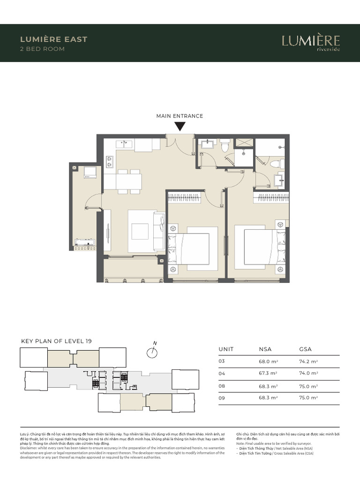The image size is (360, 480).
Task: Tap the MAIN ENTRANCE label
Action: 180,116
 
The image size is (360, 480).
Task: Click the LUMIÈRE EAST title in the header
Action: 53,39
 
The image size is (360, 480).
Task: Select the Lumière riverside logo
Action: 311,42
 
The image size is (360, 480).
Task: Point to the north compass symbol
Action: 151,352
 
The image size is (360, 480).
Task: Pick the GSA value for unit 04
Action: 308,373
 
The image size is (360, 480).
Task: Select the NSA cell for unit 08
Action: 268,386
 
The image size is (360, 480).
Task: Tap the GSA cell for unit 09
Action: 308,398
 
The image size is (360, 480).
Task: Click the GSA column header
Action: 305,349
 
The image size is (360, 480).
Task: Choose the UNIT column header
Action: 226,349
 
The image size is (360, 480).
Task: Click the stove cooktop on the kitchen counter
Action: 110,162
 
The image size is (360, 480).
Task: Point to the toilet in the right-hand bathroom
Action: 275,164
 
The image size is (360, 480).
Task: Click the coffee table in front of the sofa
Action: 139,231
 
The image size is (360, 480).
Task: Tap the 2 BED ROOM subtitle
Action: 42,49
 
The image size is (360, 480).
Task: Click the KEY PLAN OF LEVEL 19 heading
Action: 56,341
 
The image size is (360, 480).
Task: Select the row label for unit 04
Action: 222,373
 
